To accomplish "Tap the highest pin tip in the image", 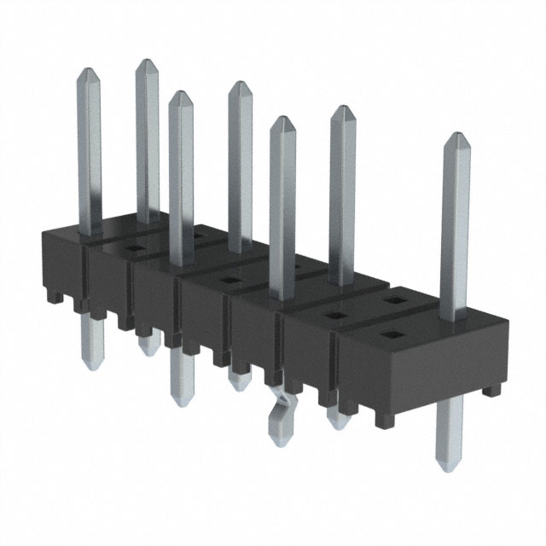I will point(146,61).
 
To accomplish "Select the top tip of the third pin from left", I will point(179,94).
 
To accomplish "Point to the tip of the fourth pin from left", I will point(240,84).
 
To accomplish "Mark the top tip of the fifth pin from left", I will point(282,118).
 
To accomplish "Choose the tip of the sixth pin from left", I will point(342,107).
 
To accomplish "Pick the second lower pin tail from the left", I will point(148,345).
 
